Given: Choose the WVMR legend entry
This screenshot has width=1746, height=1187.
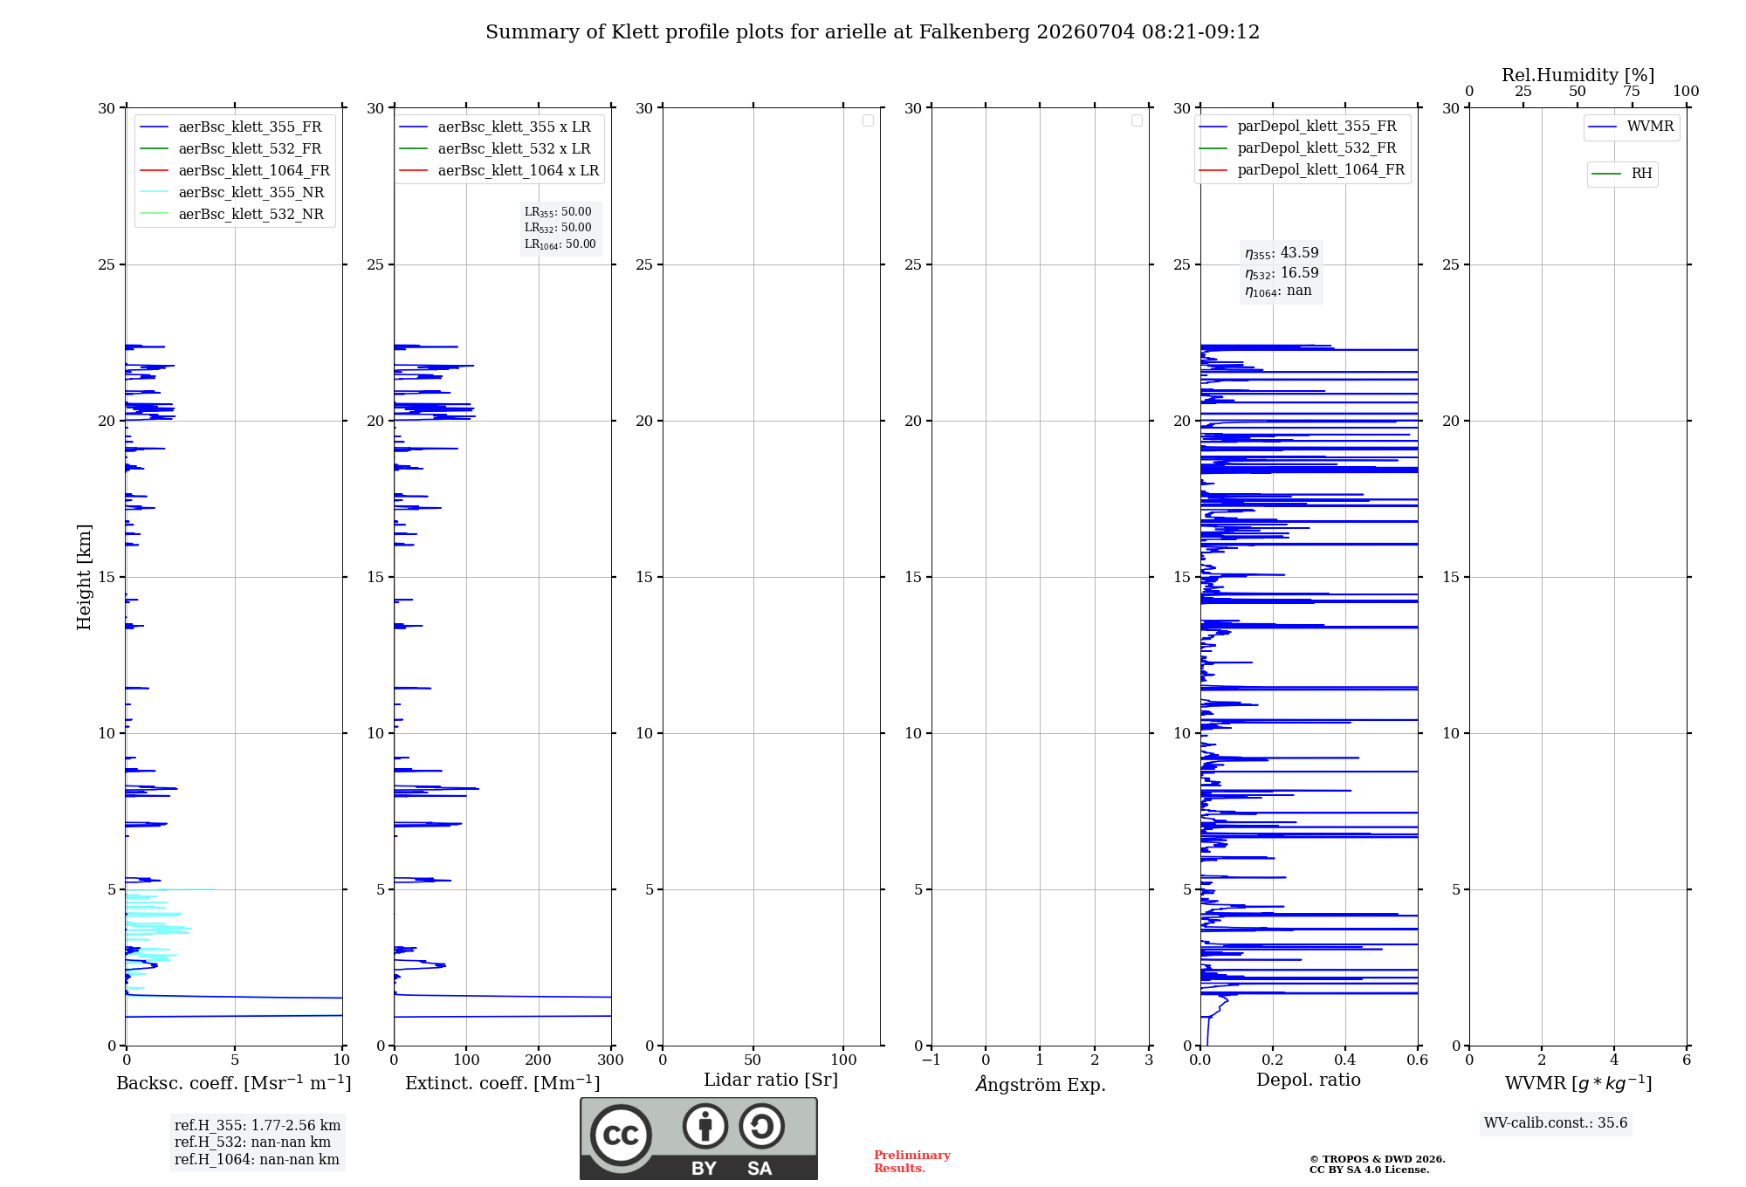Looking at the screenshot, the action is [x=1631, y=127].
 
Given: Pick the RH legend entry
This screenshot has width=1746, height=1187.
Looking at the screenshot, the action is [x=1622, y=174].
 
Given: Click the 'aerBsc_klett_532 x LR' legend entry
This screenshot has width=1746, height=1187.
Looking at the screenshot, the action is [x=495, y=148].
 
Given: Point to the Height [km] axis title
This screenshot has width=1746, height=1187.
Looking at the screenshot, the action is [x=84, y=577].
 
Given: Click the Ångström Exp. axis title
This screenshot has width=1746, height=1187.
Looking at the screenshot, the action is [x=1041, y=1084].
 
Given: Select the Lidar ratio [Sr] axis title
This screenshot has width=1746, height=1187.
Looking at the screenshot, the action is [x=771, y=1081].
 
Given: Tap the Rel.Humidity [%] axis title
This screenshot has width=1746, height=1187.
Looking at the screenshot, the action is [x=1578, y=75].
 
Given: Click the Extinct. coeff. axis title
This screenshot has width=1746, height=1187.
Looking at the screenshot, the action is [x=503, y=1083].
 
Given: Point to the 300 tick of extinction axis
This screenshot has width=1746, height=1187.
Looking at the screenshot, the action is [x=611, y=1060].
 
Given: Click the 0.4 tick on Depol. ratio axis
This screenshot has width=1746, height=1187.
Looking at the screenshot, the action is [x=1345, y=1060].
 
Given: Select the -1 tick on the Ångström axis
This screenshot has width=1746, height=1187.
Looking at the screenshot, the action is [x=931, y=1060].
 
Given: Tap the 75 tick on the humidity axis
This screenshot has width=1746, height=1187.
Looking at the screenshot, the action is [x=1632, y=91].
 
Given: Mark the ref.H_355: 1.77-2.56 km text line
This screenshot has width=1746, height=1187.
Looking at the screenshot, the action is [x=258, y=1125].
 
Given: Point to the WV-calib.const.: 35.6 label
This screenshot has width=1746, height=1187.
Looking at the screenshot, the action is [x=1556, y=1123].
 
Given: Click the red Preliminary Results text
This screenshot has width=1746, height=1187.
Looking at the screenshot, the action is [x=911, y=1162].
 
